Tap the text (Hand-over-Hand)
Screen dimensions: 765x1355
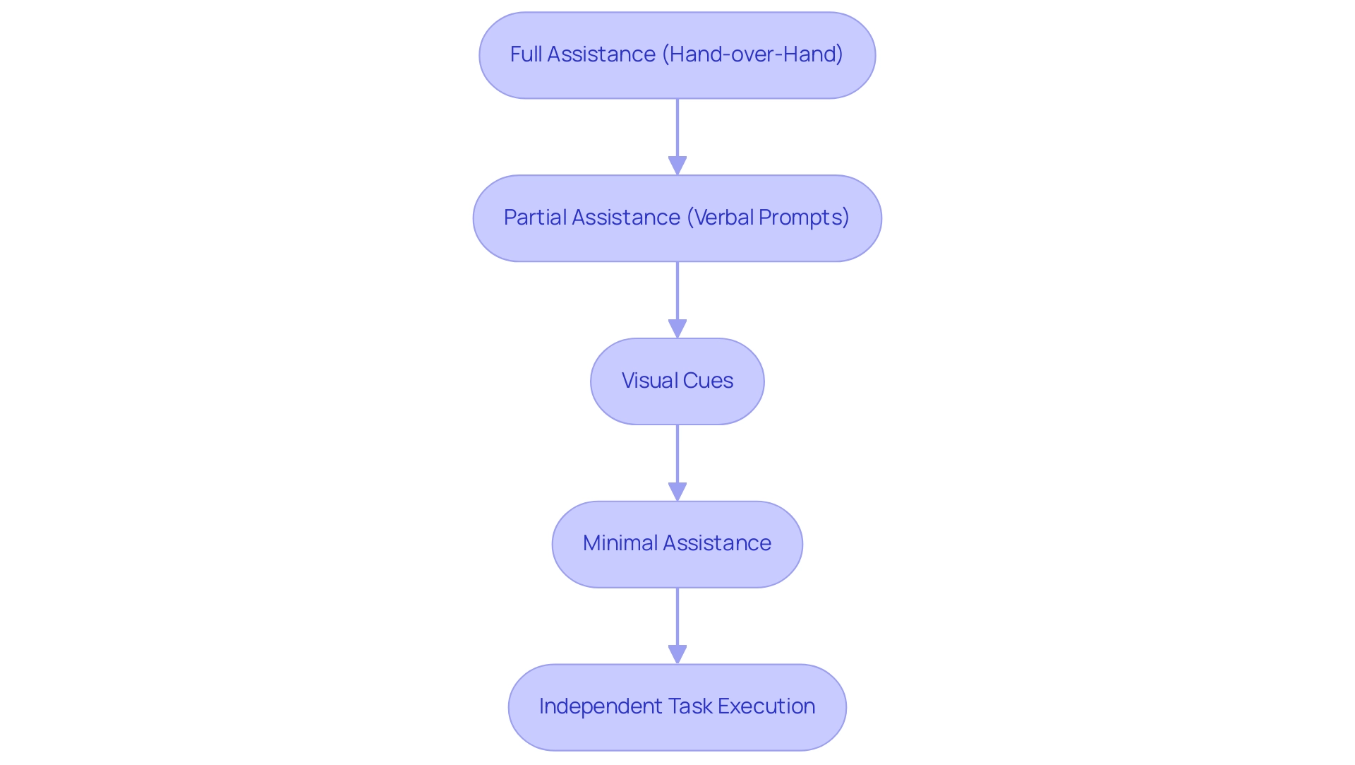point(752,54)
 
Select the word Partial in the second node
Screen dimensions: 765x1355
point(534,218)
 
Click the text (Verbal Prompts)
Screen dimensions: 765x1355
point(768,218)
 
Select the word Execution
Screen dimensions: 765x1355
point(766,706)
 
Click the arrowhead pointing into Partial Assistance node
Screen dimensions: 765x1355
point(677,166)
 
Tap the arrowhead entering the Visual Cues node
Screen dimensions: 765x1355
point(677,329)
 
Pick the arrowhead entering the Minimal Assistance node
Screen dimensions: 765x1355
point(677,492)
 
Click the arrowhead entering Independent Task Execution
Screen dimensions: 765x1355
point(677,655)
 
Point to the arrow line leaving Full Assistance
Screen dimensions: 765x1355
point(677,127)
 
